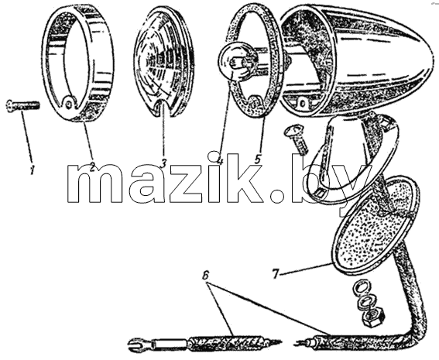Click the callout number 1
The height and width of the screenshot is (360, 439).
click(33, 170)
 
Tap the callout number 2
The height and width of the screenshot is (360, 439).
click(92, 167)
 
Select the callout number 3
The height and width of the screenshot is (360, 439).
click(163, 163)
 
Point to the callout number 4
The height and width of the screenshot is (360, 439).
click(221, 159)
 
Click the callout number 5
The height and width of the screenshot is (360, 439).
click(258, 159)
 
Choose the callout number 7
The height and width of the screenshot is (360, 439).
click(276, 274)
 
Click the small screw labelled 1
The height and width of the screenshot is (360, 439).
click(23, 106)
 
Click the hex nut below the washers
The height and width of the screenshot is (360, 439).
click(374, 317)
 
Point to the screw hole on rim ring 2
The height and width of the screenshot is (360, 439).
click(69, 104)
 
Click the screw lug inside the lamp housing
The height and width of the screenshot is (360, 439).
click(303, 104)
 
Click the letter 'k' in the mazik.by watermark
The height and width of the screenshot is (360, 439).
click(245, 177)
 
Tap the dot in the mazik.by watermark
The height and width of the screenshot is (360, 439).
click(276, 196)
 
